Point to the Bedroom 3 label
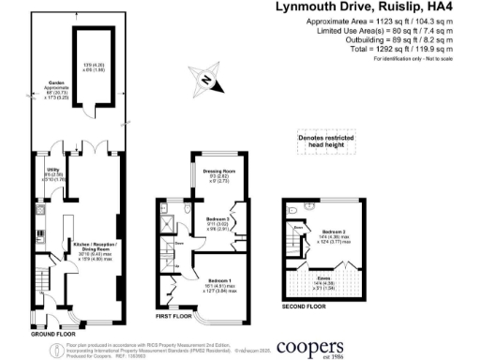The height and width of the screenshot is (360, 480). point(218,224)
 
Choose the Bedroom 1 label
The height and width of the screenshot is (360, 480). point(218,283)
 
